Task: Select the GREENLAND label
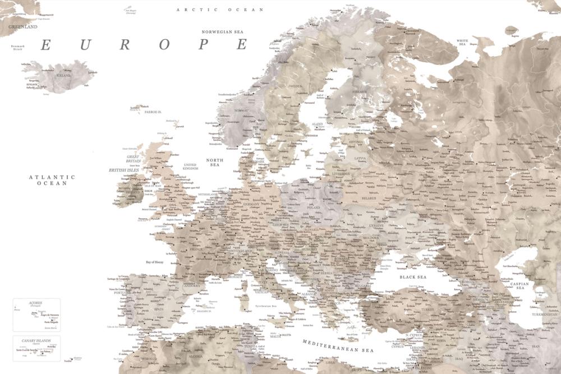click(22, 26)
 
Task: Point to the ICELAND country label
click(63, 75)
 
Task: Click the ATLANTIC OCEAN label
click(52, 180)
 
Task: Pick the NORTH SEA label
click(214, 163)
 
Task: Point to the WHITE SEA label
click(463, 42)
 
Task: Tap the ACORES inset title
click(35, 303)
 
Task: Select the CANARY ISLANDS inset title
click(35, 340)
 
